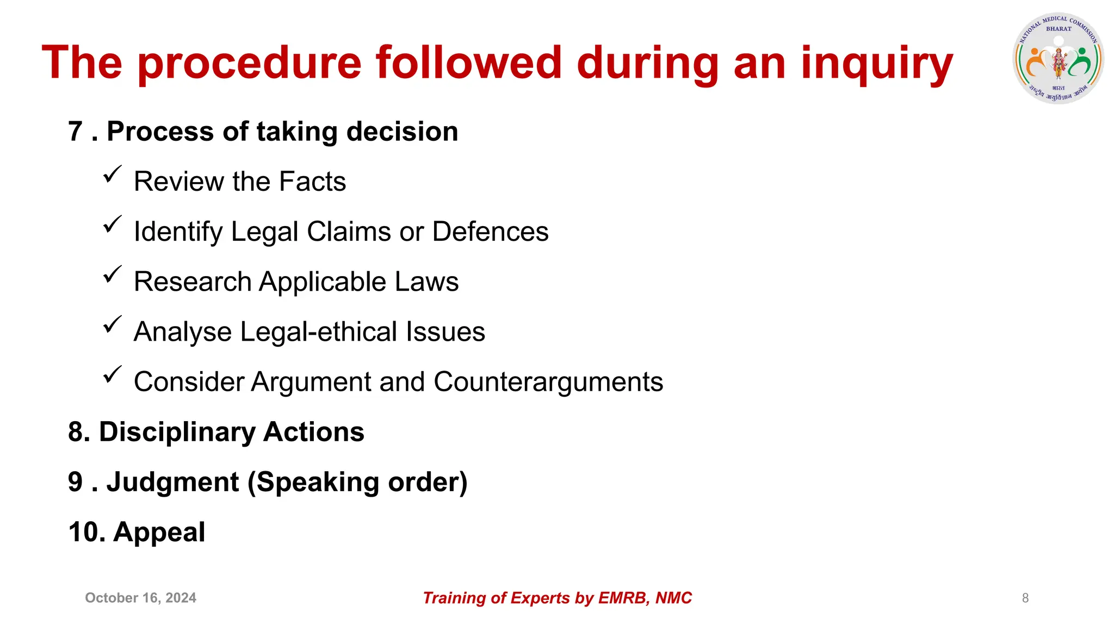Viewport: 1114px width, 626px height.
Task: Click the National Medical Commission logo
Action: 1058,59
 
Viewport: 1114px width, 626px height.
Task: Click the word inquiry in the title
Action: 877,64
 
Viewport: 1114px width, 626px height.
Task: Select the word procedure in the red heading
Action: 250,64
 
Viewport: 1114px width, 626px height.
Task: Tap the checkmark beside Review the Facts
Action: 112,174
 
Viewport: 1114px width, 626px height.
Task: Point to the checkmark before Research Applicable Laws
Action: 112,274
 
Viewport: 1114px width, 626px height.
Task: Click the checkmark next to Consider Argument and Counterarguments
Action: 112,374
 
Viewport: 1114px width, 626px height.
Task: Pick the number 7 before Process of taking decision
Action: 75,132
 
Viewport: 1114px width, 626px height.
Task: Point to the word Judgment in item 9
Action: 172,483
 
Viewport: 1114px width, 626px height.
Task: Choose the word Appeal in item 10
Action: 159,533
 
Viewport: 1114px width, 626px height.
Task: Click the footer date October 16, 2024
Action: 140,598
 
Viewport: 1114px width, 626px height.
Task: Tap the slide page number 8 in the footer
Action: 1025,598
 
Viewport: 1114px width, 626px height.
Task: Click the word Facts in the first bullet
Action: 312,182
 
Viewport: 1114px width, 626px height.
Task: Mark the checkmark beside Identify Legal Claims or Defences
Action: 112,224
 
